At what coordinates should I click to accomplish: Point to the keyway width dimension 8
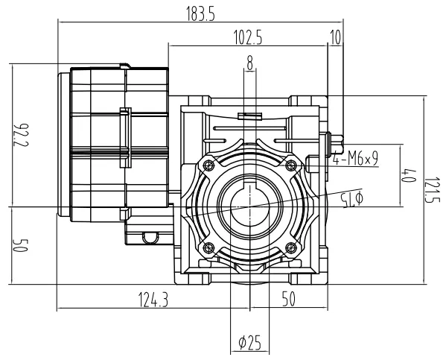tap(249, 65)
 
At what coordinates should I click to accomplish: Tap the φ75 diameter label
tap(349, 198)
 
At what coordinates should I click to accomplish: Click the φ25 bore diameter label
tap(249, 343)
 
